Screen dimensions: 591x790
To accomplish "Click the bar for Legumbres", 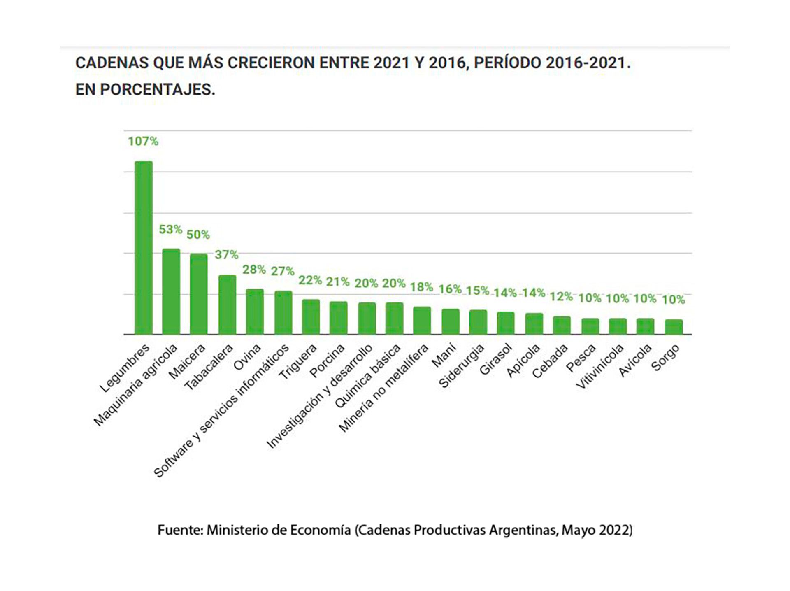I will [x=144, y=247].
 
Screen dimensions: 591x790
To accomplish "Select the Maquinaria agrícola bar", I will [x=171, y=291].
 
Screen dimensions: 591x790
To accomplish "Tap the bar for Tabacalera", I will [x=227, y=305].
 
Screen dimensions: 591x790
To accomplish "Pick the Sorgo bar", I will [x=674, y=327].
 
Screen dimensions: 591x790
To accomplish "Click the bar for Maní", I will [x=451, y=321].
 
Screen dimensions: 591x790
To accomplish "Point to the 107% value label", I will [x=143, y=141].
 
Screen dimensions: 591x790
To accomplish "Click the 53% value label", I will [x=170, y=229].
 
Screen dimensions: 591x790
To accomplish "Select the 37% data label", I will [x=226, y=255].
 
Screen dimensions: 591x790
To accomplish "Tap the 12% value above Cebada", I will [x=561, y=296].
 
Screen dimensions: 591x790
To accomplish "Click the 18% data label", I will [x=421, y=287].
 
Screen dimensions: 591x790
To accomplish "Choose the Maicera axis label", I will [x=187, y=361].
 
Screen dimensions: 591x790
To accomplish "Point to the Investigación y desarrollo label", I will [x=320, y=396].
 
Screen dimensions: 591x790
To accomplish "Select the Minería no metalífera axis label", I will [x=383, y=388].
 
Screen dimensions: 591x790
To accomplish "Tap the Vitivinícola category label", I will [x=599, y=367].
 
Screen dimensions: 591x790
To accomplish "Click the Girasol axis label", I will [x=496, y=359].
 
